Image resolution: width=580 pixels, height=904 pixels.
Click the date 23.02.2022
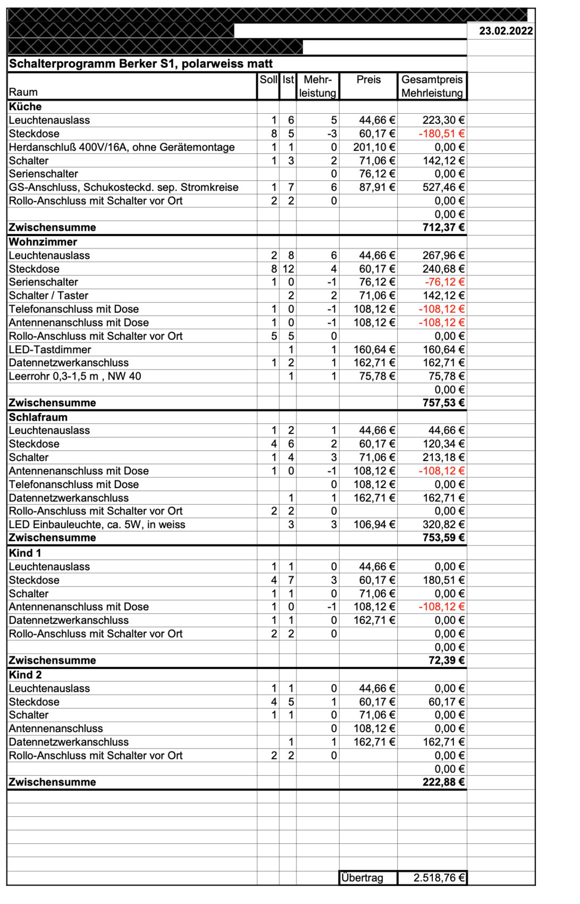click(x=506, y=31)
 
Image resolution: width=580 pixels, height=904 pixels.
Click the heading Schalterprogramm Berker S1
click(x=140, y=64)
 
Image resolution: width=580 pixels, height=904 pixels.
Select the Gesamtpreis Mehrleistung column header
click(x=432, y=86)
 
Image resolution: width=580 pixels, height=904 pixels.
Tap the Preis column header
click(x=368, y=80)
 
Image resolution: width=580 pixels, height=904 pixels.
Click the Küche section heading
click(x=25, y=106)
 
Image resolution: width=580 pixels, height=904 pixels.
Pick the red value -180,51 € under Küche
click(x=441, y=133)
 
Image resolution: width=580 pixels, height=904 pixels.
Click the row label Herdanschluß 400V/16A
click(x=121, y=147)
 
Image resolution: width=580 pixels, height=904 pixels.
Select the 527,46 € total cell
click(x=443, y=187)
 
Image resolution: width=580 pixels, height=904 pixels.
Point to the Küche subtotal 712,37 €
click(x=443, y=228)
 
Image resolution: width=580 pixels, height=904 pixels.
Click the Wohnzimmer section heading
click(x=43, y=242)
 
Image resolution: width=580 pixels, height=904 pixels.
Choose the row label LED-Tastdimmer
click(x=49, y=349)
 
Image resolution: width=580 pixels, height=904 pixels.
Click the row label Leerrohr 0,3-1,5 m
click(x=74, y=376)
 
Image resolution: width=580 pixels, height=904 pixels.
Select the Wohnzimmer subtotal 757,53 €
click(x=443, y=403)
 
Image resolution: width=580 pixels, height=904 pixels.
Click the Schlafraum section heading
click(x=38, y=417)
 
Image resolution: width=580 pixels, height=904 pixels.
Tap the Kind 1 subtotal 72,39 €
click(x=447, y=660)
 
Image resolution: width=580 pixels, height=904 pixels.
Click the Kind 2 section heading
click(x=25, y=675)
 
